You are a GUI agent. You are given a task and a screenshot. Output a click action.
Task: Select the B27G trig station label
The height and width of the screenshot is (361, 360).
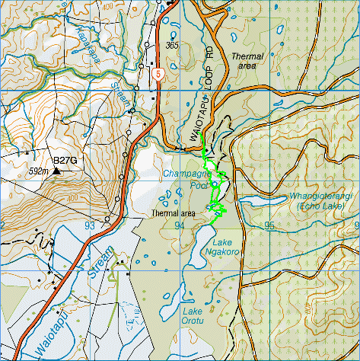pos(65,161)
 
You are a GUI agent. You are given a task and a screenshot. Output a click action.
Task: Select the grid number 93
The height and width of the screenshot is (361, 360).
pos(91,226)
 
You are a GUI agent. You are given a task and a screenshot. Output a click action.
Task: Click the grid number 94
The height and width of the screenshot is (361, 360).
pos(180,226)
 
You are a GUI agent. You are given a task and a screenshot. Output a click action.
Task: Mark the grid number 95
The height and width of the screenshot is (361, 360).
pos(269,226)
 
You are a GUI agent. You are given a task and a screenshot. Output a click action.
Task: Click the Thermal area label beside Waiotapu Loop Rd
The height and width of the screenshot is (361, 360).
pos(247,61)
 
